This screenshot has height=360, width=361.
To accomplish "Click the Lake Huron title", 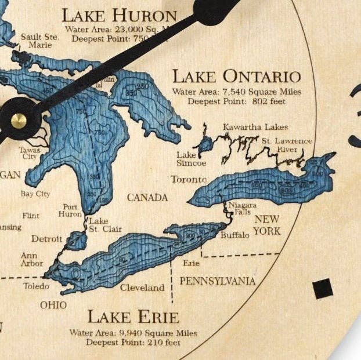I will (x=119, y=15).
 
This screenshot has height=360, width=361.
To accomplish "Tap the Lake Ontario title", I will (x=237, y=77).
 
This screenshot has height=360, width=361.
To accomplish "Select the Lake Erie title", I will (x=133, y=317).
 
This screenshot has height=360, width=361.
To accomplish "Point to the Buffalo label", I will (x=235, y=235).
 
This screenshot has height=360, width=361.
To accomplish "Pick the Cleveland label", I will (x=142, y=288).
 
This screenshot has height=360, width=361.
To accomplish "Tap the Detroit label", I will (x=46, y=238).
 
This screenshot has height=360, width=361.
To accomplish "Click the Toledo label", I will (x=36, y=286).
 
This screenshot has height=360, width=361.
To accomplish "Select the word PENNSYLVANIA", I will (x=217, y=281).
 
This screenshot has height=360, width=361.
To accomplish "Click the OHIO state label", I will (x=53, y=305).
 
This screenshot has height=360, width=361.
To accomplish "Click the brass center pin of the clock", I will (x=19, y=120).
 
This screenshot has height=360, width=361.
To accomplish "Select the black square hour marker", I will (x=323, y=288).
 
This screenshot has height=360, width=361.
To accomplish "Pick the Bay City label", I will (x=35, y=194).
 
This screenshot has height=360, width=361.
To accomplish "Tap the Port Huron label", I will (x=70, y=210).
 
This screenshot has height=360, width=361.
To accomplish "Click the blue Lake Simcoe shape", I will (x=205, y=144).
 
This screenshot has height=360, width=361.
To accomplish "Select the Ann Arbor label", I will (x=32, y=259).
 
